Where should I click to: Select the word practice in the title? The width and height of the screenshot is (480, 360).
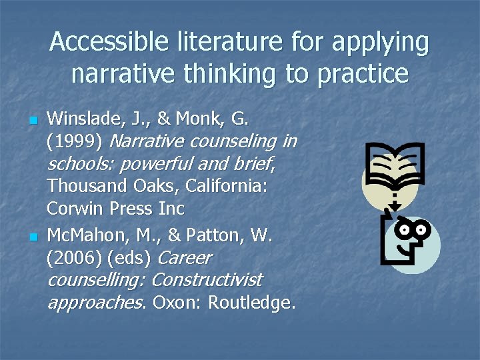click(363, 73)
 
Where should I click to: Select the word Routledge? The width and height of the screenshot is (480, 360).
click(252, 303)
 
